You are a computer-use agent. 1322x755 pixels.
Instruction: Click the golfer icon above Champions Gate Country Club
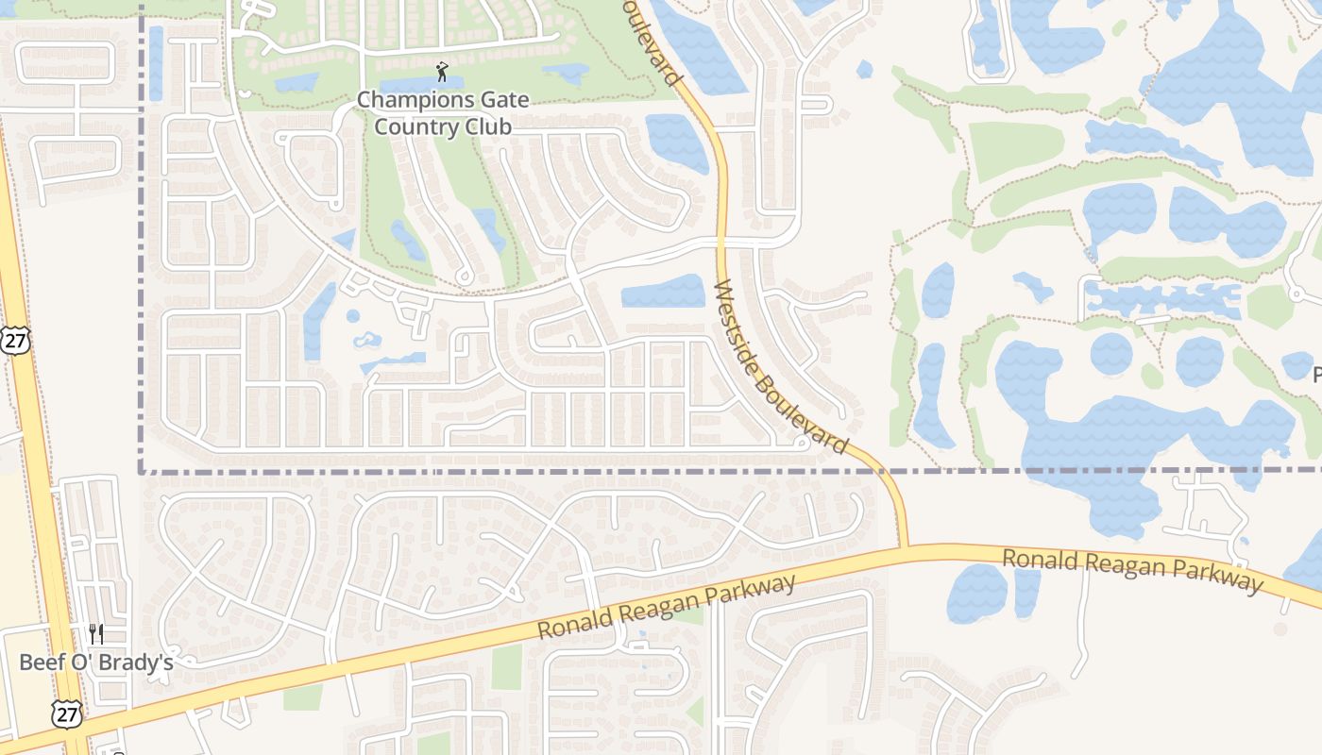(442, 72)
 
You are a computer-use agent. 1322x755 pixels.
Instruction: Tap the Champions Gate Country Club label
(442, 113)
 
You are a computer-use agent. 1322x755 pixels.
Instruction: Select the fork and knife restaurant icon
(96, 633)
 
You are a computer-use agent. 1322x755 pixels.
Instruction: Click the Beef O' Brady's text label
(96, 663)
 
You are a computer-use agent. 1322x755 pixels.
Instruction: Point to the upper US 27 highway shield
(14, 341)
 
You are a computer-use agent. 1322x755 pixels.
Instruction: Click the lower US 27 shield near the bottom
(68, 714)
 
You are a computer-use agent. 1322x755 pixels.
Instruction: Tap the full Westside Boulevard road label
(780, 366)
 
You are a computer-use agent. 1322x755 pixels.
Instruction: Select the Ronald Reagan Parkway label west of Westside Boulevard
(667, 607)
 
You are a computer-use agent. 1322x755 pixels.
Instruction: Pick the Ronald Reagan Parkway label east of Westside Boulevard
(1131, 570)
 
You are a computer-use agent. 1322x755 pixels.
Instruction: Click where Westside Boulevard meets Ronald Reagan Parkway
(904, 546)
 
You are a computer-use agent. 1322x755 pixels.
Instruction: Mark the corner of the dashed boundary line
(142, 470)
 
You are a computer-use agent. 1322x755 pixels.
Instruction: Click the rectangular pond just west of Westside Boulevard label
(663, 291)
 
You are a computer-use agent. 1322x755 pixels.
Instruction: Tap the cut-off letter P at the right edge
(1316, 376)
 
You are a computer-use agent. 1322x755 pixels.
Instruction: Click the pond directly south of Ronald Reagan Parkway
(977, 593)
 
